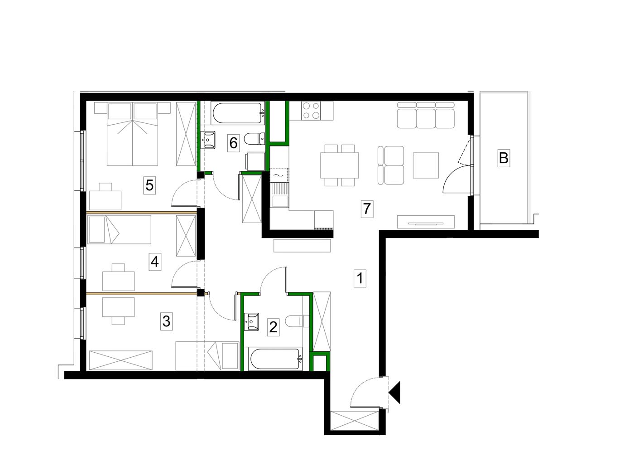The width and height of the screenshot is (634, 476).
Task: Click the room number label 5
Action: (x=149, y=185)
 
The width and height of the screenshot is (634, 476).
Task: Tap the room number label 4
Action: (x=155, y=262)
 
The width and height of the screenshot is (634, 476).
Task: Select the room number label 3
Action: (x=166, y=321)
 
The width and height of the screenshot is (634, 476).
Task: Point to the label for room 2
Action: (x=273, y=327)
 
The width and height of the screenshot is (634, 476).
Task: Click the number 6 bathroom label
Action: (x=233, y=143)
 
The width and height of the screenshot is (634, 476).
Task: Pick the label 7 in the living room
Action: (x=367, y=209)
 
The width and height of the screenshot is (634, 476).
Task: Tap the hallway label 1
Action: (x=360, y=278)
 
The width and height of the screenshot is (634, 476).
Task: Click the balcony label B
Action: (x=504, y=158)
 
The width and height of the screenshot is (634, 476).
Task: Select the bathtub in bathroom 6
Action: (x=238, y=113)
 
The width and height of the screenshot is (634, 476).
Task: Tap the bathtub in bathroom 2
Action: (x=275, y=359)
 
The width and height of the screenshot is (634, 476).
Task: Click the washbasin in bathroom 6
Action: (x=208, y=140)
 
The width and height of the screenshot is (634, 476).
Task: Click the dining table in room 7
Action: (x=339, y=165)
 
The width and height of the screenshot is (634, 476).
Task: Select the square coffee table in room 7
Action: (x=426, y=165)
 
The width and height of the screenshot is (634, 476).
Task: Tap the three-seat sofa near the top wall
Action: (x=426, y=115)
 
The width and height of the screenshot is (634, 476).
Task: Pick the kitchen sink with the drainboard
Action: (x=279, y=195)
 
